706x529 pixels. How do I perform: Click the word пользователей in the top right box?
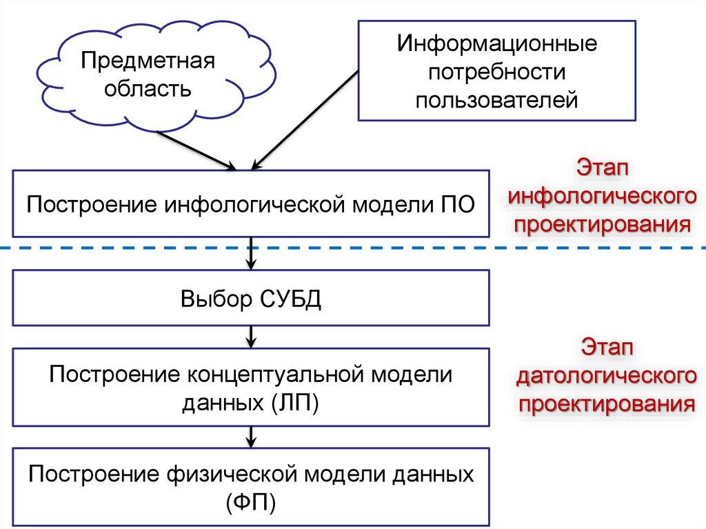pyautogui.click(x=496, y=101)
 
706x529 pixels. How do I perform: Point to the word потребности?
pyautogui.click(x=496, y=73)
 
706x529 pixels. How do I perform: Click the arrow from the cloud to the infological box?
pyautogui.click(x=201, y=150)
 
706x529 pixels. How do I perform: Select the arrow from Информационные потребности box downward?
pyautogui.click(x=306, y=118)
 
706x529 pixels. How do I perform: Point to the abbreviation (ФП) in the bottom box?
pyautogui.click(x=251, y=501)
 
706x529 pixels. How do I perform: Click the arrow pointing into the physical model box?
pyautogui.click(x=252, y=436)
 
